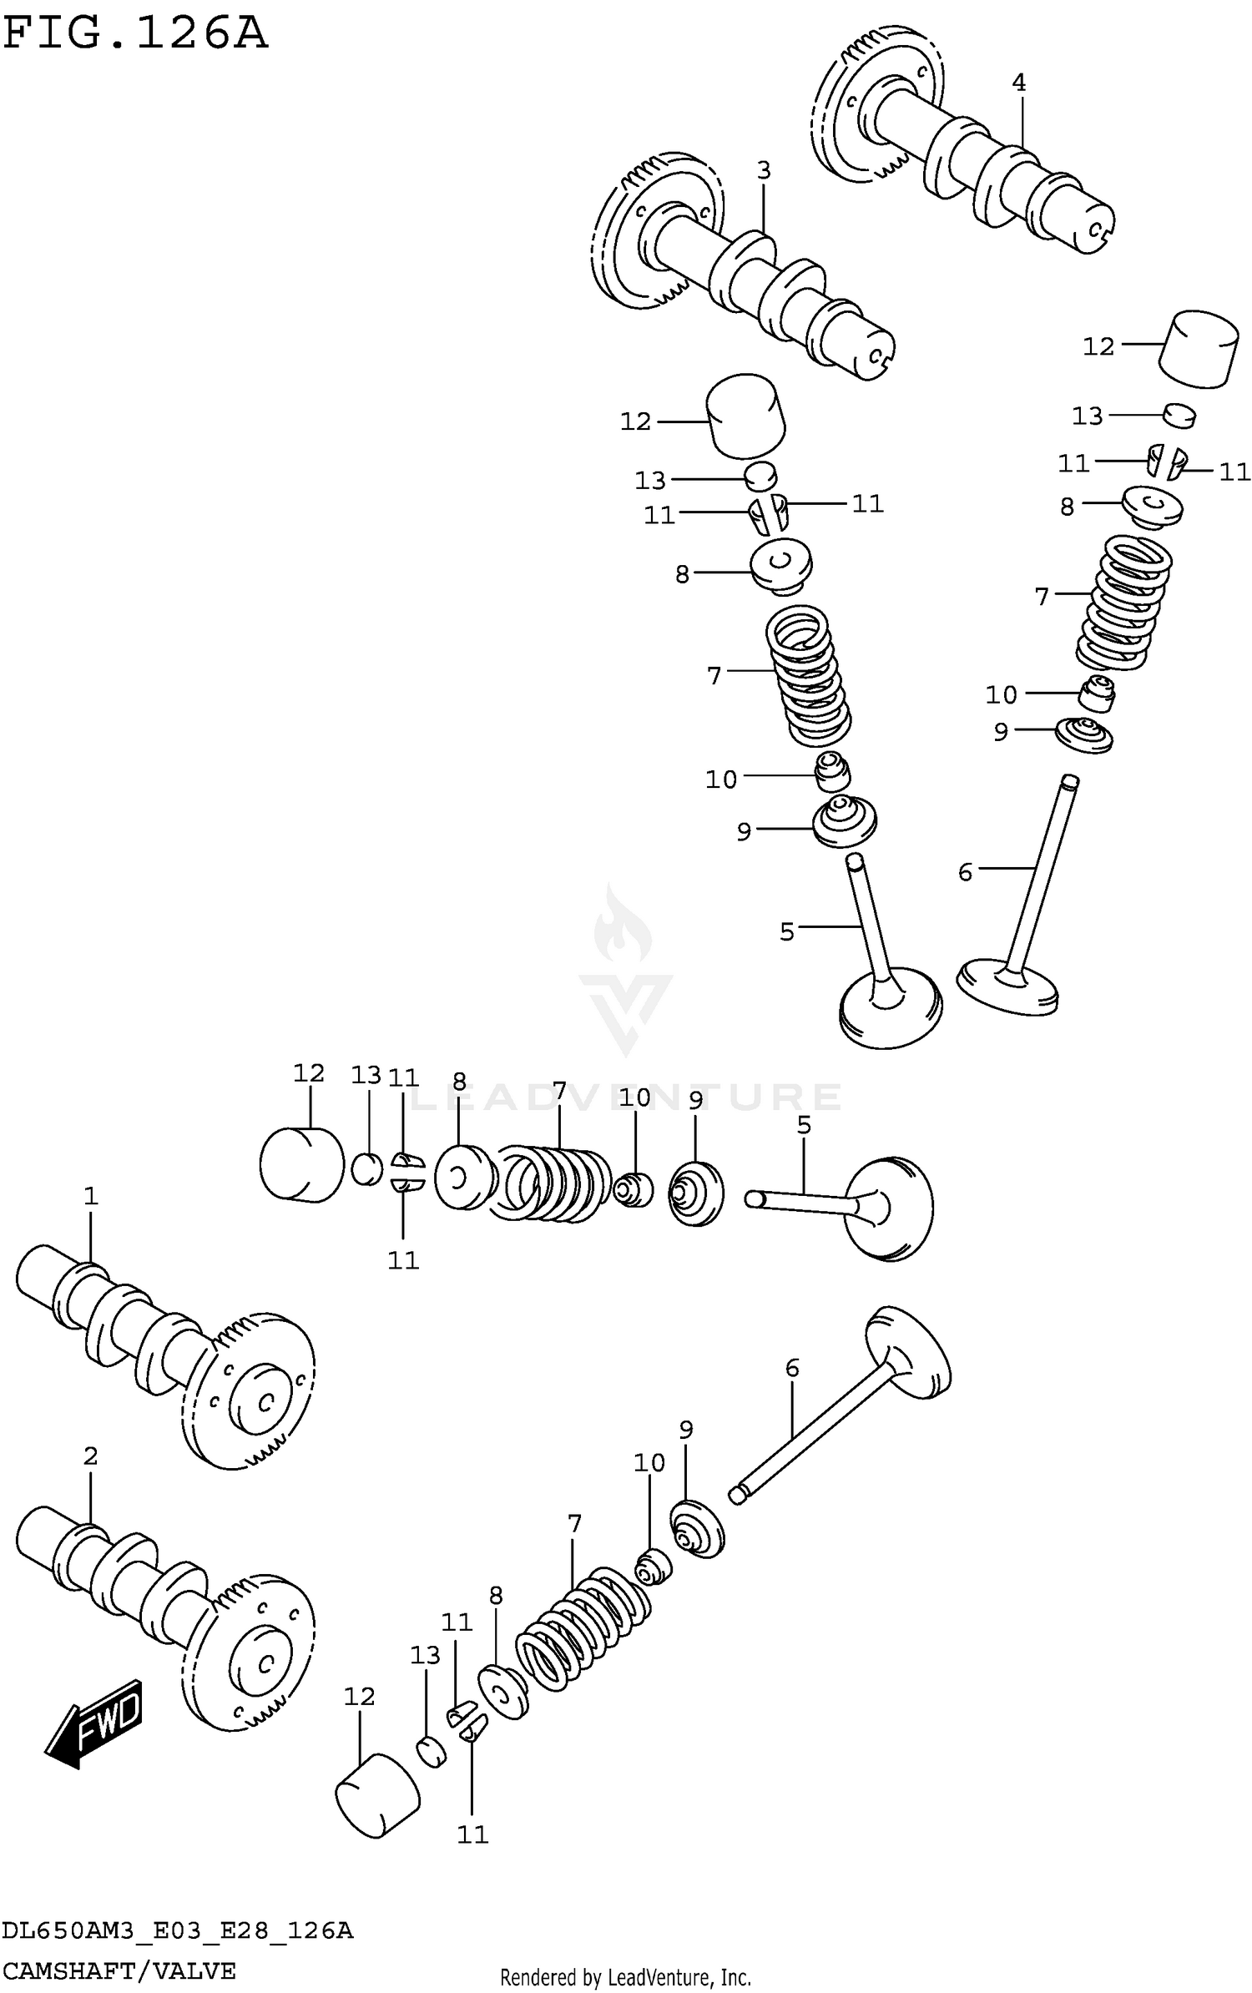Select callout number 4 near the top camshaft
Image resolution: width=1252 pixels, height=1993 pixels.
[x=1018, y=83]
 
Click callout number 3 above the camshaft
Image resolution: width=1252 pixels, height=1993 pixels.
[x=764, y=170]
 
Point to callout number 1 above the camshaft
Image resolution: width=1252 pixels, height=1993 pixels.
[x=91, y=1196]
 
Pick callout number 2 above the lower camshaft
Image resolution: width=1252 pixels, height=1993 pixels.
[x=91, y=1456]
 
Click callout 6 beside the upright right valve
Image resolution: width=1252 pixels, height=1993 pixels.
[x=966, y=872]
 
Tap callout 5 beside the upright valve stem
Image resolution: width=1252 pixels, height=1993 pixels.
[x=787, y=931]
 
